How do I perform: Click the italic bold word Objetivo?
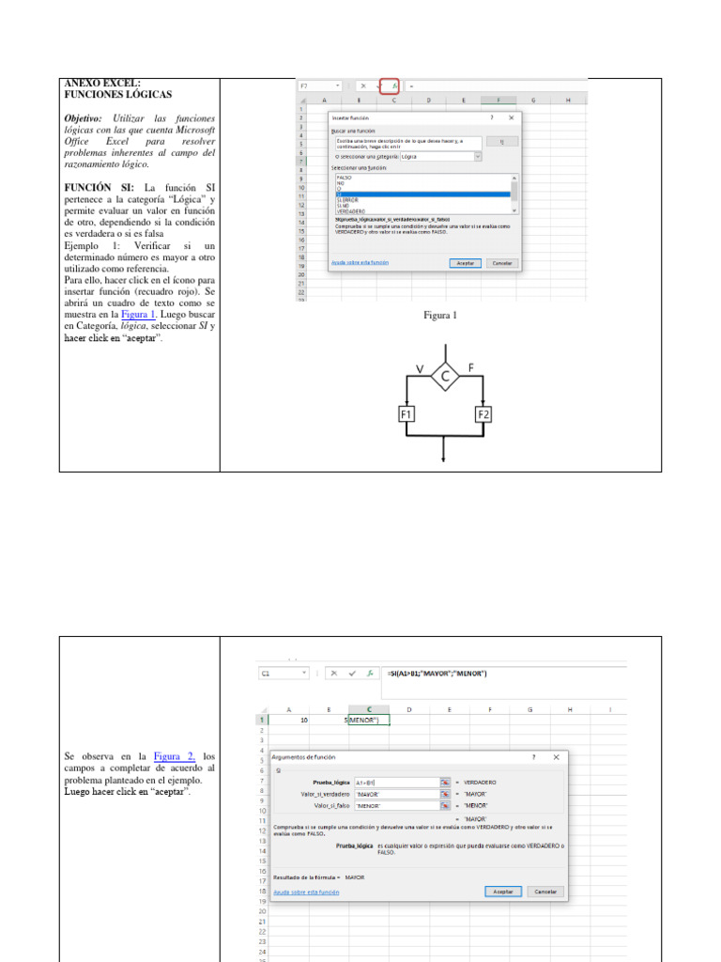[x=85, y=119]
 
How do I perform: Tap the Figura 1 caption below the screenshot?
[x=440, y=316]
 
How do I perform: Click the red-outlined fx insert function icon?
[x=390, y=85]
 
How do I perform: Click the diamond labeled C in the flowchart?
[x=445, y=377]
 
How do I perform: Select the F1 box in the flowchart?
[x=407, y=414]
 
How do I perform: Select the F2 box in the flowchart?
[x=483, y=414]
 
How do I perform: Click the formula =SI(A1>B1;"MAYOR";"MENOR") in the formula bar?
[x=437, y=674]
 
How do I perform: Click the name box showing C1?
[x=282, y=674]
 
